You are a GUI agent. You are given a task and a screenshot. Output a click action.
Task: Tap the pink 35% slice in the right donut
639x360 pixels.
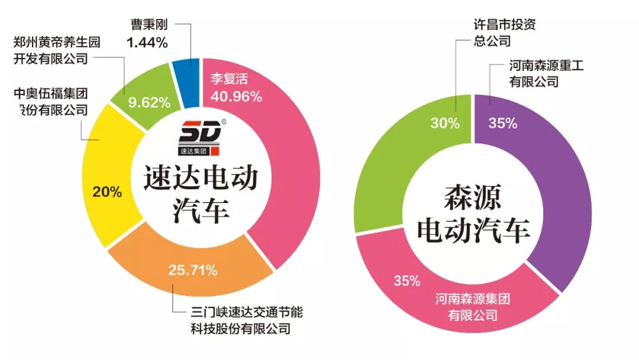450,296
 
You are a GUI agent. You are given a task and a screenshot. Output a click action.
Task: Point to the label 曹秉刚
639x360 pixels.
150,25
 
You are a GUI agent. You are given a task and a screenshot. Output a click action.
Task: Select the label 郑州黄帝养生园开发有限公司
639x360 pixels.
57,50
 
